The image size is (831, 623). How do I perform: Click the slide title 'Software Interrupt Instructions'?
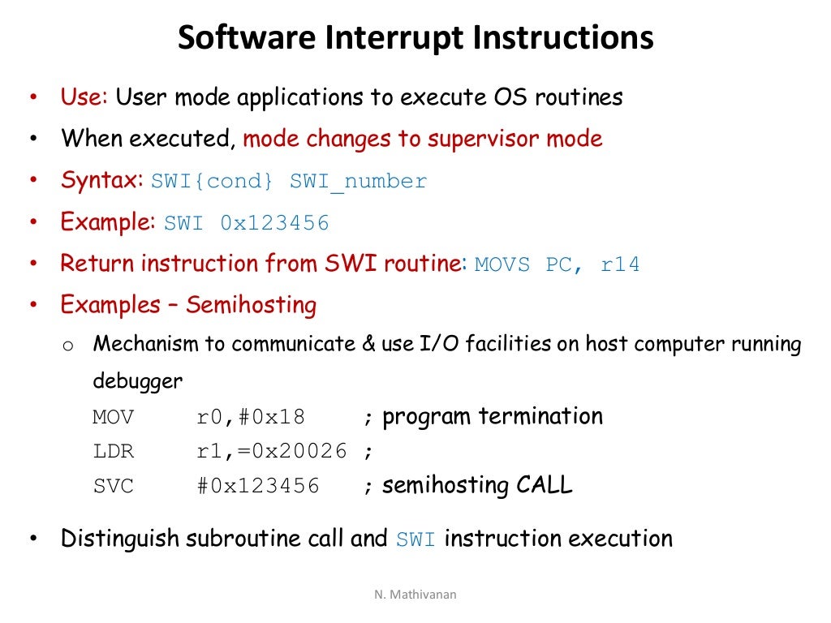[415, 38]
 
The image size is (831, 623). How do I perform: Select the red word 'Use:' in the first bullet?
[84, 97]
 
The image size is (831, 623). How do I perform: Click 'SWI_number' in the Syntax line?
[358, 181]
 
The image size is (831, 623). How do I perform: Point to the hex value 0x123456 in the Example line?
[274, 223]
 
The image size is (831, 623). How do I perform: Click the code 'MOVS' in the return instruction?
[502, 264]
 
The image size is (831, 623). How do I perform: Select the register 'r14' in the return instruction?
[620, 264]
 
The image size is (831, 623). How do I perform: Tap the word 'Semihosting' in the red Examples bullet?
[251, 306]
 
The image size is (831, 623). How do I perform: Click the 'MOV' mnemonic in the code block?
[113, 418]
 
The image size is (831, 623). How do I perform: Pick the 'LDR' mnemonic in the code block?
[113, 452]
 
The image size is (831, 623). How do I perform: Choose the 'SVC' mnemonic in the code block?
[113, 487]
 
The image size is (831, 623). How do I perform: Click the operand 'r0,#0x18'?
[251, 418]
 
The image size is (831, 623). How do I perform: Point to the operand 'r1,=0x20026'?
[272, 452]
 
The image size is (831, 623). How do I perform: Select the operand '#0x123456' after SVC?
[258, 487]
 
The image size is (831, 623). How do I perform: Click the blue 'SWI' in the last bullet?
[415, 539]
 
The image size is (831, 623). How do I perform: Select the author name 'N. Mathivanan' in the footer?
[415, 595]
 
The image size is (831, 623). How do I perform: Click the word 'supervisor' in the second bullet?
[484, 139]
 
